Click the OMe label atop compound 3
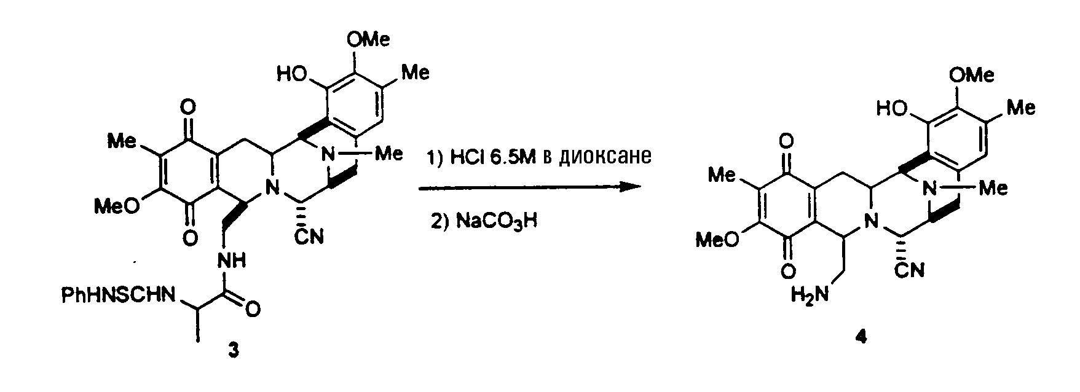click(368, 41)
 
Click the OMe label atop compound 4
click(971, 76)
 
